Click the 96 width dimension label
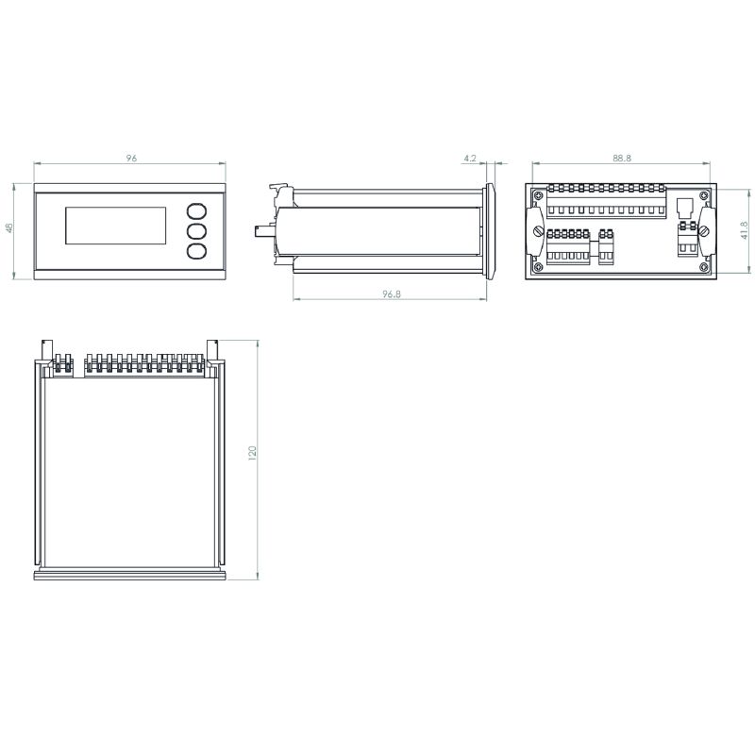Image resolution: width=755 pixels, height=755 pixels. pos(131,158)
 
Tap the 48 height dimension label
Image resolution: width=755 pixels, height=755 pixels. pos(9,227)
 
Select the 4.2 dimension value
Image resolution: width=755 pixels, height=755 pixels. pos(470,158)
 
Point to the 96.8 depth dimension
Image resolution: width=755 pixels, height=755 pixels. pos(392,294)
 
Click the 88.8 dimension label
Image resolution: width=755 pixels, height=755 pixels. pos(622,158)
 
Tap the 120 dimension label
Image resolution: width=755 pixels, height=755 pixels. pos(252,453)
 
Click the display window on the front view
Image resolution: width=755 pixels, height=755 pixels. pos(115,226)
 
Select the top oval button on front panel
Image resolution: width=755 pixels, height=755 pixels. pos(196,211)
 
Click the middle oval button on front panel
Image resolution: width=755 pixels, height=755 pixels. pos(196,231)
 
